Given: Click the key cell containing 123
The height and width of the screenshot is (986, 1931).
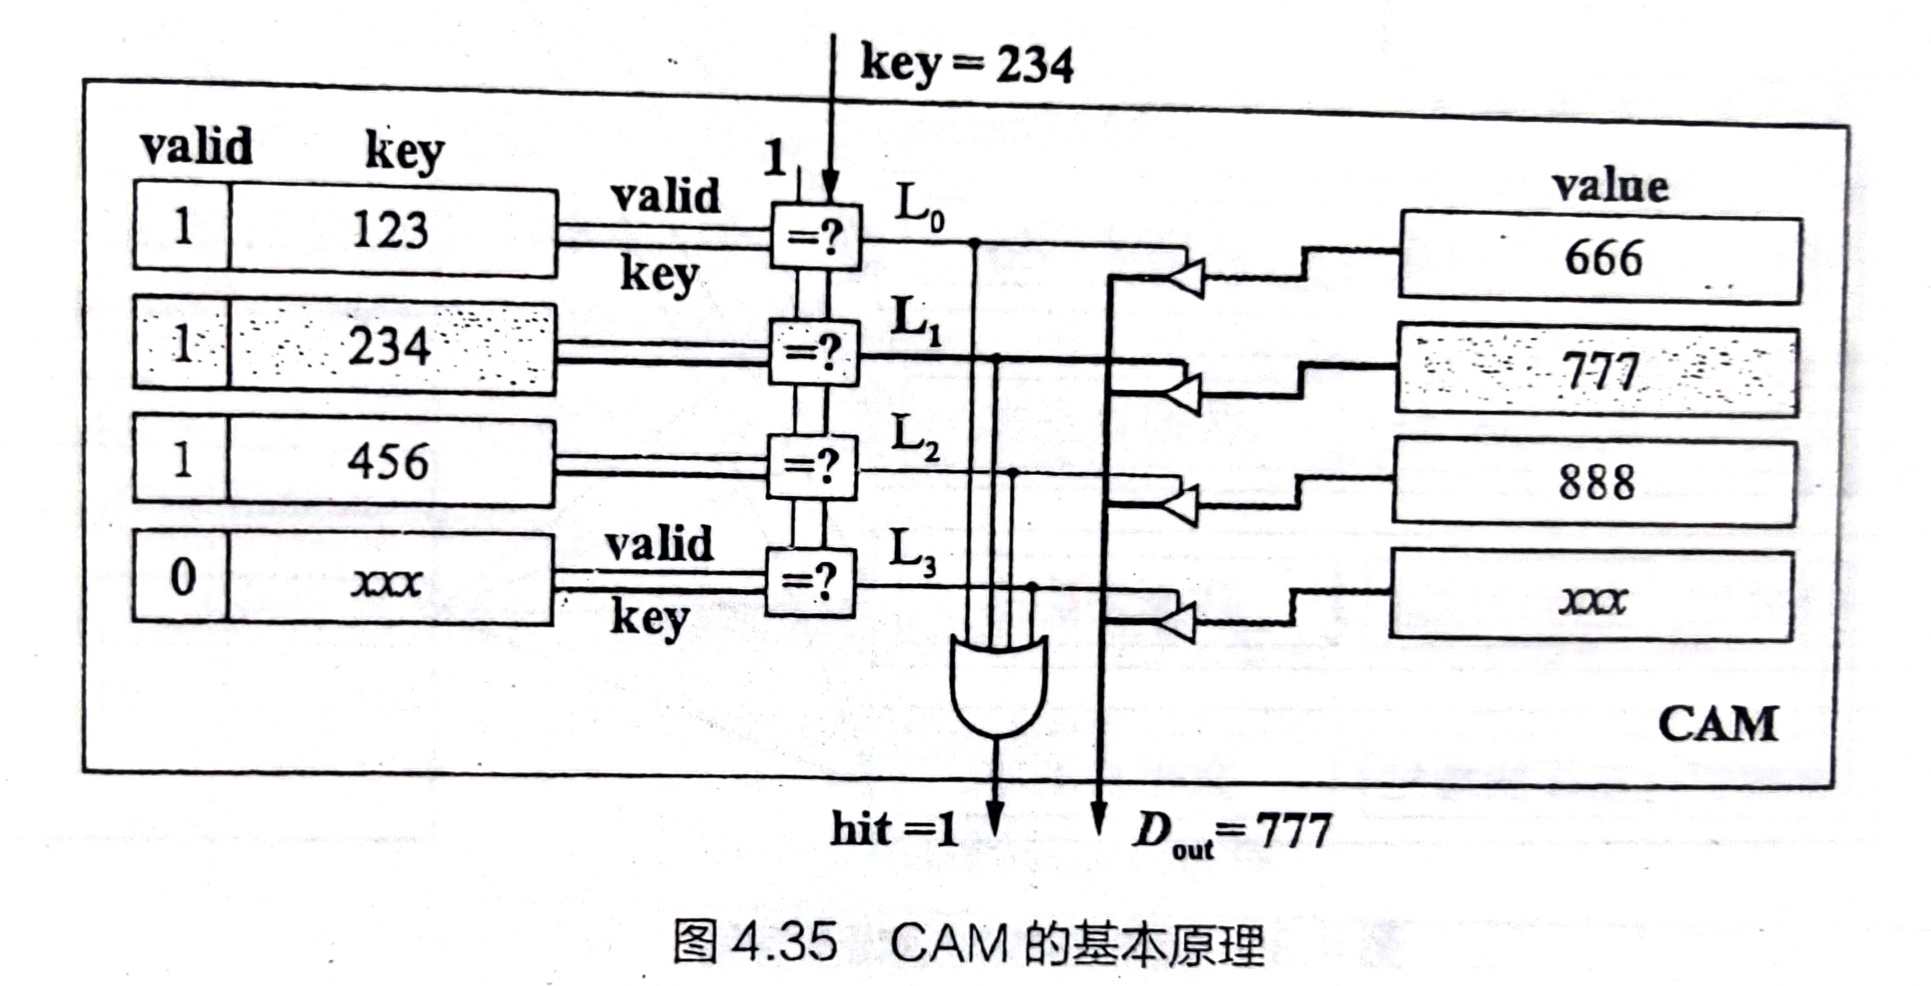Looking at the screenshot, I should (x=392, y=230).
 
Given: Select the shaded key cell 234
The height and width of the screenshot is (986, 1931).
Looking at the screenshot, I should (x=390, y=347).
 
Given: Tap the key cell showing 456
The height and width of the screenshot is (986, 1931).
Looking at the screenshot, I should (x=389, y=461).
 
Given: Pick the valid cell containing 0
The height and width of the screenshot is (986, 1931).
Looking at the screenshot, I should (x=181, y=577).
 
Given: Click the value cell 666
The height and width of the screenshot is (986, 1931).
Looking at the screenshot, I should (x=1602, y=258).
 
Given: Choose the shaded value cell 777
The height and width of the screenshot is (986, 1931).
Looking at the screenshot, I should (x=1599, y=371).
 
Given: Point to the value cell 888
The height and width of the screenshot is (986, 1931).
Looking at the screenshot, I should (x=1596, y=482).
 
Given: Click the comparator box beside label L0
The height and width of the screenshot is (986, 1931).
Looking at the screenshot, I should (x=816, y=237).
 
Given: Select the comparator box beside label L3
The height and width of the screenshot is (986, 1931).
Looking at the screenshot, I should (x=810, y=583).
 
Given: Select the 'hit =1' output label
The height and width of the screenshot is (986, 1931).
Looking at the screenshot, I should (x=893, y=830).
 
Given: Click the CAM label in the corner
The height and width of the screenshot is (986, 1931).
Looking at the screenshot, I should (x=1717, y=724).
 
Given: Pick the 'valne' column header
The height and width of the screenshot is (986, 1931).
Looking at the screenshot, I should (x=1609, y=187).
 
